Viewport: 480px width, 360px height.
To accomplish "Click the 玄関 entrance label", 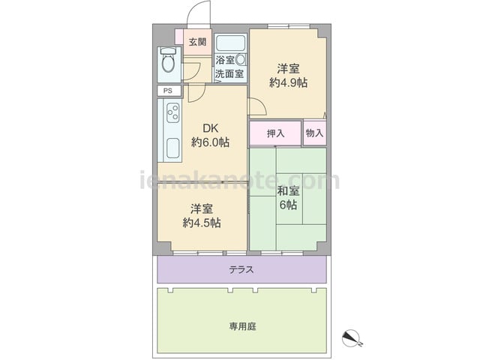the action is coord(197,42).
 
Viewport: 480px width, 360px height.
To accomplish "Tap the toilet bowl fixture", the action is coord(168,60).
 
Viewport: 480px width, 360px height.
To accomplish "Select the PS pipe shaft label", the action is coord(168,91).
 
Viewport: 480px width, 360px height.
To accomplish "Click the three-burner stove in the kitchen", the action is coord(173,112).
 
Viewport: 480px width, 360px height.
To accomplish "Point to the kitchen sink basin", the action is coord(173,148).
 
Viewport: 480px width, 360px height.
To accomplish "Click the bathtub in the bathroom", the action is coord(231,43).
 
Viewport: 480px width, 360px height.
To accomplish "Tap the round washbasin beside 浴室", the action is coord(241,60).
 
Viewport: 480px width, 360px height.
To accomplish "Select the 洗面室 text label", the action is coord(229,73).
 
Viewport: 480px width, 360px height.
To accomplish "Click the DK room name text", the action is coord(211,128).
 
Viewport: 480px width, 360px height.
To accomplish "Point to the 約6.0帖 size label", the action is coord(210,142).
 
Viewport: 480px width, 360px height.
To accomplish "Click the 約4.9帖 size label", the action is coord(288,82).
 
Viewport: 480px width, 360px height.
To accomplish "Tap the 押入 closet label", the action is coord(275,133).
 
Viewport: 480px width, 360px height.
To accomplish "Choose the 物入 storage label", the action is coord(315,133).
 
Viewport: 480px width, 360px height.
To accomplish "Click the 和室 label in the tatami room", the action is coord(288,190).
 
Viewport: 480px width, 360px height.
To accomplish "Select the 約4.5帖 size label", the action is coord(202,223).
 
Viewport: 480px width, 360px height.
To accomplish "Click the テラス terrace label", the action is coord(241,270).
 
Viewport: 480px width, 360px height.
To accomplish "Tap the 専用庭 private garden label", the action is coord(242,327).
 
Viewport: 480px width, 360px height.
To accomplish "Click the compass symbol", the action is coord(352,338).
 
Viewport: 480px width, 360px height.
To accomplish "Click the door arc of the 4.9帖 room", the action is coord(260,103).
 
